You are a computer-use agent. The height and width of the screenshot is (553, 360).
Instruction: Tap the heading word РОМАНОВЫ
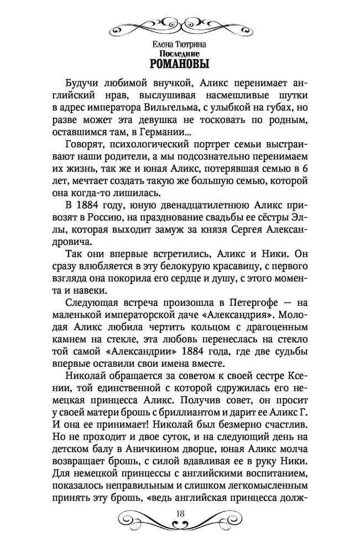[180, 63]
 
